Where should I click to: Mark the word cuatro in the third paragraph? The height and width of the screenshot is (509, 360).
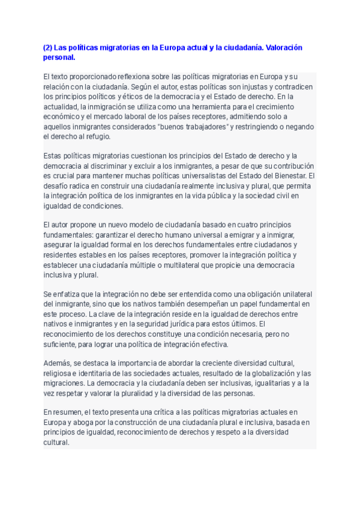coord(239,224)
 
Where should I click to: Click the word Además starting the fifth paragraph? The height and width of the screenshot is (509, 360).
coord(58,364)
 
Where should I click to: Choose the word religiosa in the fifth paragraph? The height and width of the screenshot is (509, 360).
coord(59,373)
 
